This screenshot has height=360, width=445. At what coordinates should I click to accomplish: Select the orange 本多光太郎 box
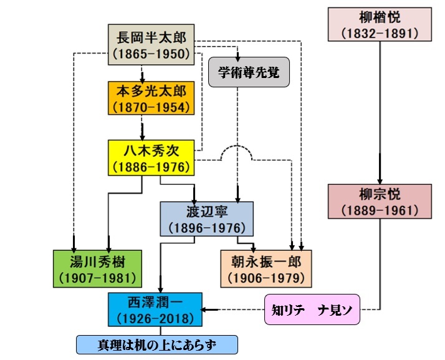(150, 99)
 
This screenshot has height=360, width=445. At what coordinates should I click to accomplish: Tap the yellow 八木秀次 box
(151, 158)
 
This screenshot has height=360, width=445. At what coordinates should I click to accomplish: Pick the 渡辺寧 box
(206, 218)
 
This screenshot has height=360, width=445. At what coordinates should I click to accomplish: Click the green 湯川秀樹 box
(97, 268)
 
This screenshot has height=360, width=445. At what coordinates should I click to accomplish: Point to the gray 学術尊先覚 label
(244, 73)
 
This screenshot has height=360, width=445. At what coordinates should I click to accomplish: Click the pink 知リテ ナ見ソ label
(312, 310)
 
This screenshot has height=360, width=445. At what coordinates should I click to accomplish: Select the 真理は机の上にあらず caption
(157, 344)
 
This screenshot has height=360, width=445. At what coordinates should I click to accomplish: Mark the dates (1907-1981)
(97, 276)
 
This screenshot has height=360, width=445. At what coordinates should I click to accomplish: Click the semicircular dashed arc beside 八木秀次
(240, 152)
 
